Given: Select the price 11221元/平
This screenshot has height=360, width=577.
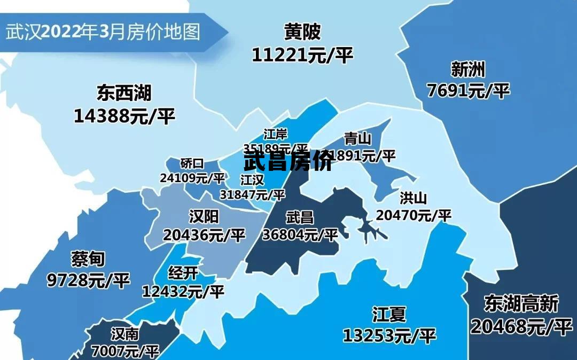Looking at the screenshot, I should (x=302, y=54).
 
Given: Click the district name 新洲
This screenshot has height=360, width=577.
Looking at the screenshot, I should (x=468, y=69).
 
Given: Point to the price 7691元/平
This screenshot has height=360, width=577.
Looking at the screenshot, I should (x=468, y=90).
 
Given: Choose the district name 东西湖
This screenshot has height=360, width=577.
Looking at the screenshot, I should (x=124, y=93).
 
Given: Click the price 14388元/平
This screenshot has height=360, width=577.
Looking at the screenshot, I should (x=124, y=116).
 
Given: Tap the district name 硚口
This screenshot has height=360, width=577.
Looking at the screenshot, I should (x=192, y=163).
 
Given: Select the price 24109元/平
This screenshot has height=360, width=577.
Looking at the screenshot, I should (x=192, y=177).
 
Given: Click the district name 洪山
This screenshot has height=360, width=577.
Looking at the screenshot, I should (x=414, y=199).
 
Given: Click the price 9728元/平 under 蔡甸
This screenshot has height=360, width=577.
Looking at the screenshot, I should (x=88, y=280).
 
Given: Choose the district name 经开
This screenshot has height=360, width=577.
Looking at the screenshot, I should (x=183, y=274).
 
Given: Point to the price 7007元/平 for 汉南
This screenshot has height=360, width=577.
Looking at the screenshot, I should (x=126, y=351).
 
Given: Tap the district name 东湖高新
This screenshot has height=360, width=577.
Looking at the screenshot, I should (x=521, y=304).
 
